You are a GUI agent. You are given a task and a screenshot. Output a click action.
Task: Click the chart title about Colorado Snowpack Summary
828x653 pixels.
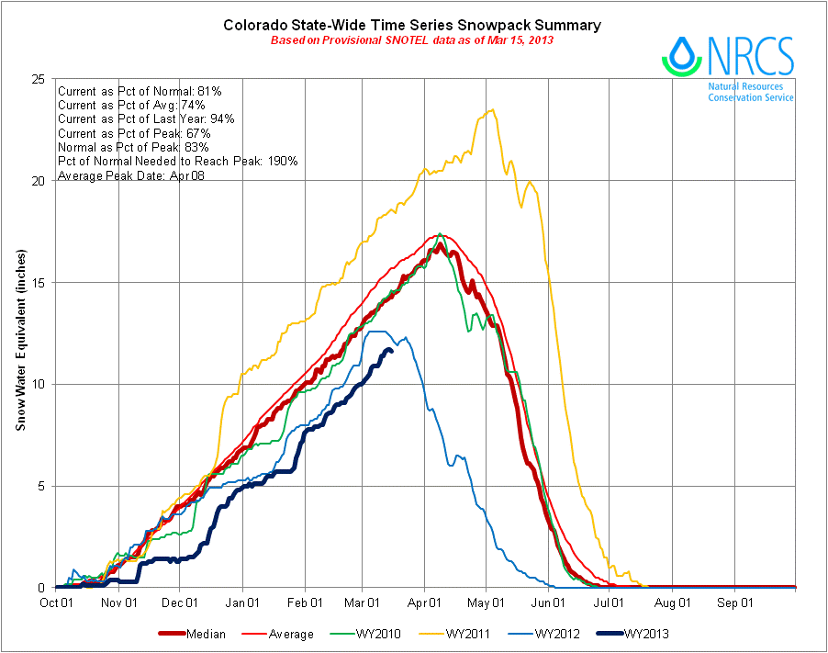coord(412,25)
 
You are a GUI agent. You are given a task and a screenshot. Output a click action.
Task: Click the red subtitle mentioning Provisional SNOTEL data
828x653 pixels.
coord(412,40)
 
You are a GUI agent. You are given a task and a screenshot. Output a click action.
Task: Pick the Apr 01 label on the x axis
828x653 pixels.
coord(424,603)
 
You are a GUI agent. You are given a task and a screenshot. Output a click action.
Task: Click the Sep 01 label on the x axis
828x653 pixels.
coord(735,603)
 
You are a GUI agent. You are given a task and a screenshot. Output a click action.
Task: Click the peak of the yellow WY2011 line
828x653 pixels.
coord(492,110)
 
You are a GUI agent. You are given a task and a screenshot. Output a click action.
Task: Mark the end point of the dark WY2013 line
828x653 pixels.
coord(392,350)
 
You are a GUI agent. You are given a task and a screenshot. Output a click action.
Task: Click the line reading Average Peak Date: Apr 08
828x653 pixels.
coord(130,175)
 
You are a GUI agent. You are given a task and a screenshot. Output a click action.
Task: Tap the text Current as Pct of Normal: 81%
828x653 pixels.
coord(140,92)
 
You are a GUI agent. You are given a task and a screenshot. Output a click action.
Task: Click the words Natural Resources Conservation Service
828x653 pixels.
coord(750,92)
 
